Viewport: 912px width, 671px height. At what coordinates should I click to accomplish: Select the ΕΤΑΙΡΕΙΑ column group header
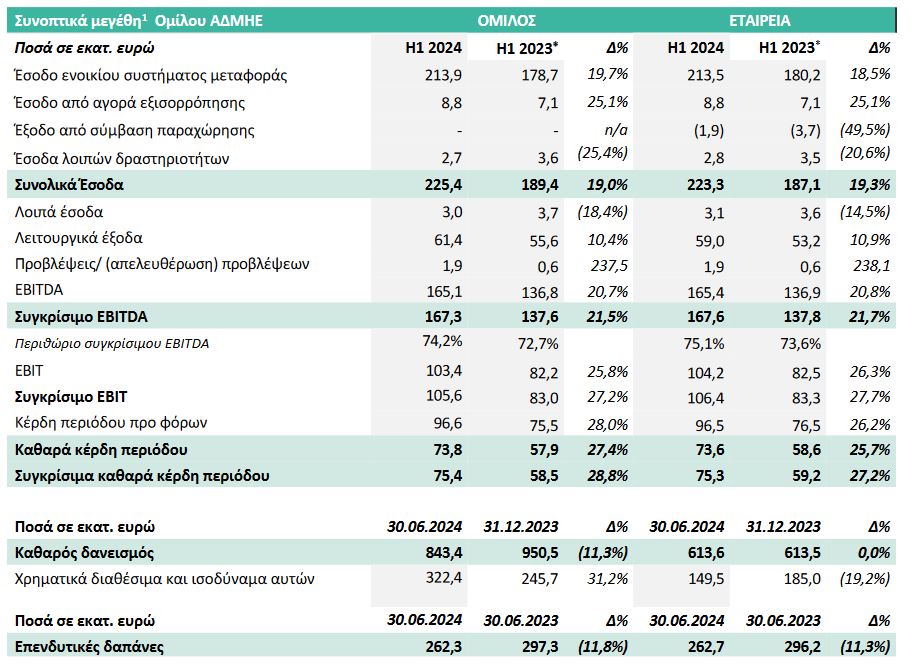pos(760,19)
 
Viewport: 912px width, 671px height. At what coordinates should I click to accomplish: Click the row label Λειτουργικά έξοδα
pos(80,238)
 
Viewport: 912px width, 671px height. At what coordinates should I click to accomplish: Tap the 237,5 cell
pos(607,265)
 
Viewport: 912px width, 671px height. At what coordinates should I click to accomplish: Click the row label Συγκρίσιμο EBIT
pos(72,396)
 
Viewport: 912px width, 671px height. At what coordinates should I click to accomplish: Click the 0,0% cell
pos(872,551)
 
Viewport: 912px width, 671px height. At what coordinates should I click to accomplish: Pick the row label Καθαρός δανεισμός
pos(85,551)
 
